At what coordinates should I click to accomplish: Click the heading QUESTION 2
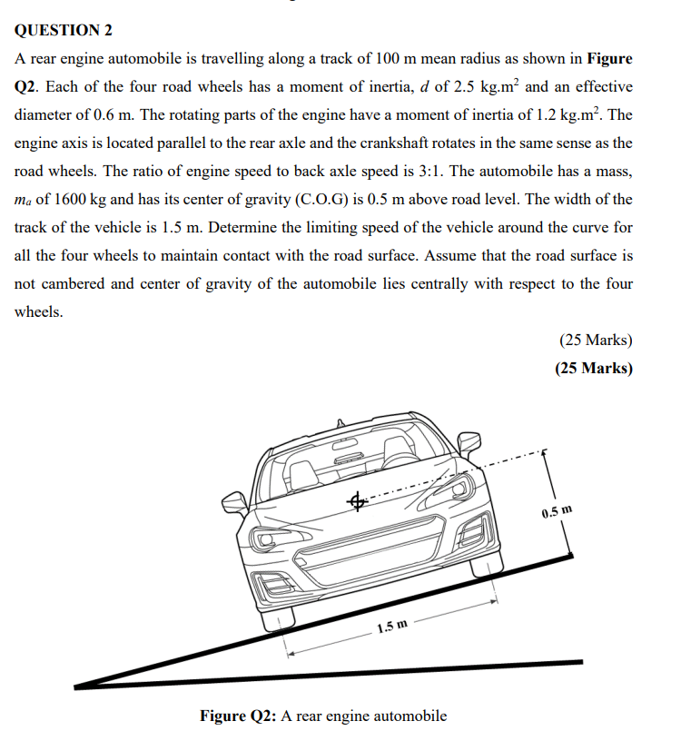(x=64, y=30)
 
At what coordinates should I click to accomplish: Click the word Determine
(x=239, y=228)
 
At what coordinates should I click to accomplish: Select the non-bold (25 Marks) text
(x=596, y=341)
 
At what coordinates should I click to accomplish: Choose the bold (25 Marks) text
(x=594, y=369)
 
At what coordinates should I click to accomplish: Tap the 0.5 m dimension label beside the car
(x=557, y=514)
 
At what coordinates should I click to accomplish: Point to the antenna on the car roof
(x=340, y=422)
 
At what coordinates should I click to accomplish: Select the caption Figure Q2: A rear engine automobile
(x=323, y=716)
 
